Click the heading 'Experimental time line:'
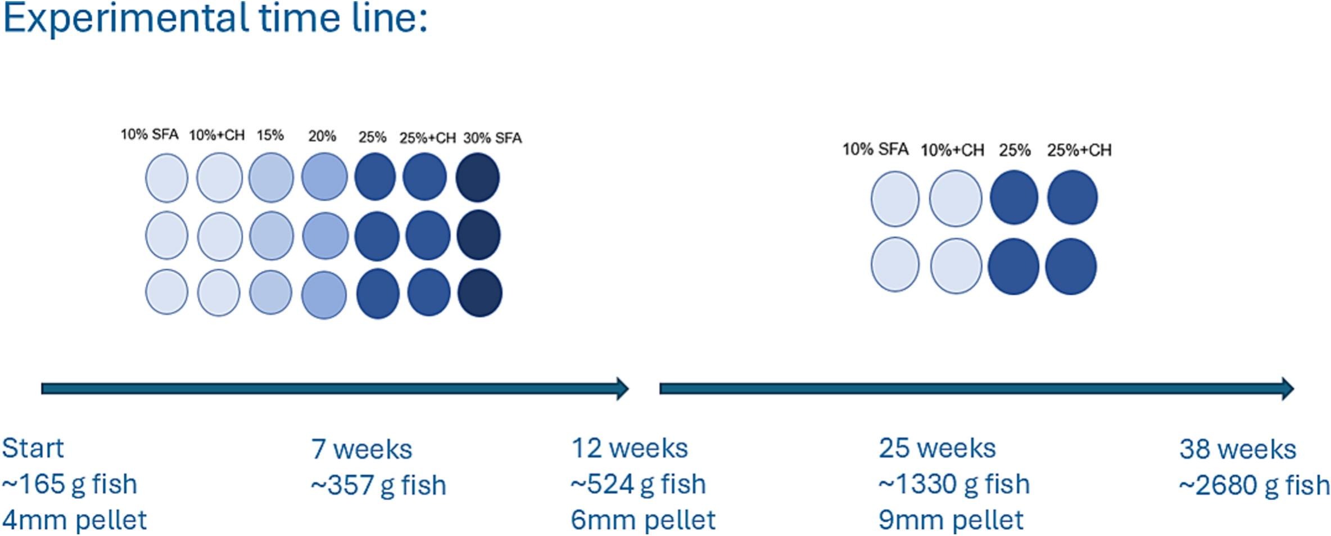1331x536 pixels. click(215, 19)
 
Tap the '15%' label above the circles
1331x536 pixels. click(270, 135)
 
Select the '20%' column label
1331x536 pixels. click(322, 136)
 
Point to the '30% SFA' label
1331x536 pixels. click(492, 138)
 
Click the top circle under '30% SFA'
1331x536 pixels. click(478, 177)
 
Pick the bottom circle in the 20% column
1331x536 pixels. click(324, 294)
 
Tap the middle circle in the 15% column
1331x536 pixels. click(271, 236)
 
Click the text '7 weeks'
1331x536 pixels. click(361, 449)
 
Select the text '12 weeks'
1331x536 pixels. click(630, 448)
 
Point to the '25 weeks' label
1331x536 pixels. click(937, 448)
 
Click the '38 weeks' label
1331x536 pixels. click(1238, 449)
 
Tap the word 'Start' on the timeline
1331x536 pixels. click(33, 448)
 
